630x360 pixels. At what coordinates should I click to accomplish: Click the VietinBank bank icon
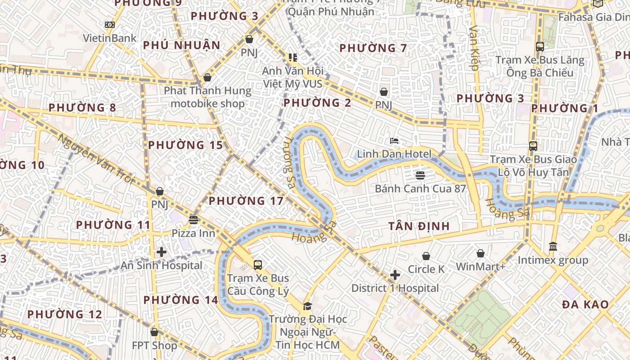pos(109,25)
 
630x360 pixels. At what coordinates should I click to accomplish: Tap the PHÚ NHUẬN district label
pos(182,45)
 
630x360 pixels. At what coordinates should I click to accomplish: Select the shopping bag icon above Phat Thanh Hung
pos(207,77)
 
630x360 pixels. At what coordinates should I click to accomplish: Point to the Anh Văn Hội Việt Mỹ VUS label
pos(292,77)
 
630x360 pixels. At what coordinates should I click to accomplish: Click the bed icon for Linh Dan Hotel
pos(394,141)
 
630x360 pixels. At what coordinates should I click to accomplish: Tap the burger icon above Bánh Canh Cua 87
pos(420,175)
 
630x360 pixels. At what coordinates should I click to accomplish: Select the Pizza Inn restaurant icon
pos(193,220)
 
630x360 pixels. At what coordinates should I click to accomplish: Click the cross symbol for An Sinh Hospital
pos(162,252)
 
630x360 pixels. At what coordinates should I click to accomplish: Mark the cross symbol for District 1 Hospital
pos(395,274)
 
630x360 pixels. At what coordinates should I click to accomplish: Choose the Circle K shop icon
pos(426,256)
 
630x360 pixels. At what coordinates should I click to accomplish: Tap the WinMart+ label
pos(481,267)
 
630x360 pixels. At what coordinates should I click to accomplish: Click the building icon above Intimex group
pos(553,247)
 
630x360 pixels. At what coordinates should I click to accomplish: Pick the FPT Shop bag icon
pos(154,332)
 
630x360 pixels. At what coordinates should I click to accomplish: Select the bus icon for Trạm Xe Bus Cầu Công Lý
pos(258,265)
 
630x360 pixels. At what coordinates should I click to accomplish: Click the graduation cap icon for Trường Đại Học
pos(307,306)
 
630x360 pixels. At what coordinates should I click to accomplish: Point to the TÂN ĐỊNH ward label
pos(419,226)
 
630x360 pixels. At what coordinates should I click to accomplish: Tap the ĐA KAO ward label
pos(585,305)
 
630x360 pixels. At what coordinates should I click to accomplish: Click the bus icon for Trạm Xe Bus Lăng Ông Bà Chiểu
pos(540,46)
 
